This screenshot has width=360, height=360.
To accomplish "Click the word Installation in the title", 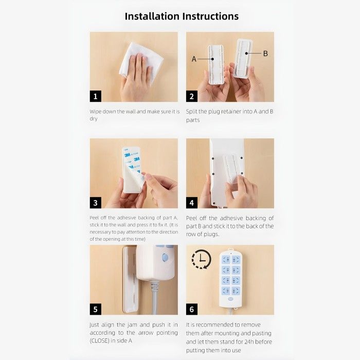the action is pyautogui.click(x=152, y=16).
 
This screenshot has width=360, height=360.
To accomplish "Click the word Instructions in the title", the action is pyautogui.click(x=210, y=16).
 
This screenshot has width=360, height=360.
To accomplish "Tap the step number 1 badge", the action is pyautogui.click(x=96, y=96).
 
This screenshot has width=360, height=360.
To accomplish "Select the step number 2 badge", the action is pyautogui.click(x=192, y=96).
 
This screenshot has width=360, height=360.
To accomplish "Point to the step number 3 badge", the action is pyautogui.click(x=96, y=203).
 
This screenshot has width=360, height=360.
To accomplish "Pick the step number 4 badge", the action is pyautogui.click(x=192, y=203).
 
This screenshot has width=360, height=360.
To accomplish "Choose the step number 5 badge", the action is pyautogui.click(x=96, y=309).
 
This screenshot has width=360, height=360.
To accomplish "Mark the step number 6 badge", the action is pyautogui.click(x=192, y=309).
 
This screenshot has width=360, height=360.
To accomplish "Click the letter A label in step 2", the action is pyautogui.click(x=194, y=59).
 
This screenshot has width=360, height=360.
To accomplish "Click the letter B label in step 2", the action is pyautogui.click(x=265, y=53).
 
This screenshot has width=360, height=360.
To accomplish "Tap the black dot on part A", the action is pyautogui.click(x=212, y=59).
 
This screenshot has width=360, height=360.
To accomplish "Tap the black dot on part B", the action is pyautogui.click(x=246, y=53).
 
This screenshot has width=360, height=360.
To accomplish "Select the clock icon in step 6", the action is pyautogui.click(x=202, y=259).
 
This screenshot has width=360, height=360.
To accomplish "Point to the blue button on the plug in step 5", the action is pyautogui.click(x=165, y=258).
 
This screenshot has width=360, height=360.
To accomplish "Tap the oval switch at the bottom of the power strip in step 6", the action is pyautogui.click(x=231, y=299).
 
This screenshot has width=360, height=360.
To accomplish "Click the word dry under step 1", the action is pyautogui.click(x=94, y=119).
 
